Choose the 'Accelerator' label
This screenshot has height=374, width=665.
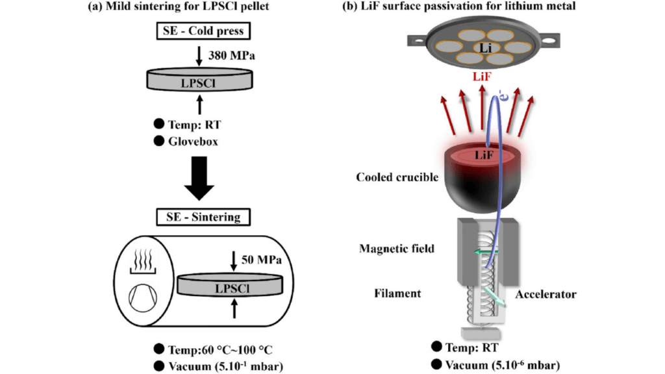click(x=546, y=294)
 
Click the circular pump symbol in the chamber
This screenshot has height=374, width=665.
click(x=143, y=296)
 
